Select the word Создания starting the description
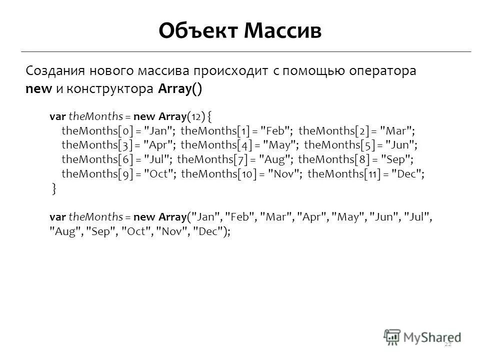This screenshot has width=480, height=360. tap(55, 71)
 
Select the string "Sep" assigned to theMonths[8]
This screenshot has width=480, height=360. tap(396, 159)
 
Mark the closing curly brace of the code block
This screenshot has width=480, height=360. tap(54, 188)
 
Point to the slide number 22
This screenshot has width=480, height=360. tap(447, 343)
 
